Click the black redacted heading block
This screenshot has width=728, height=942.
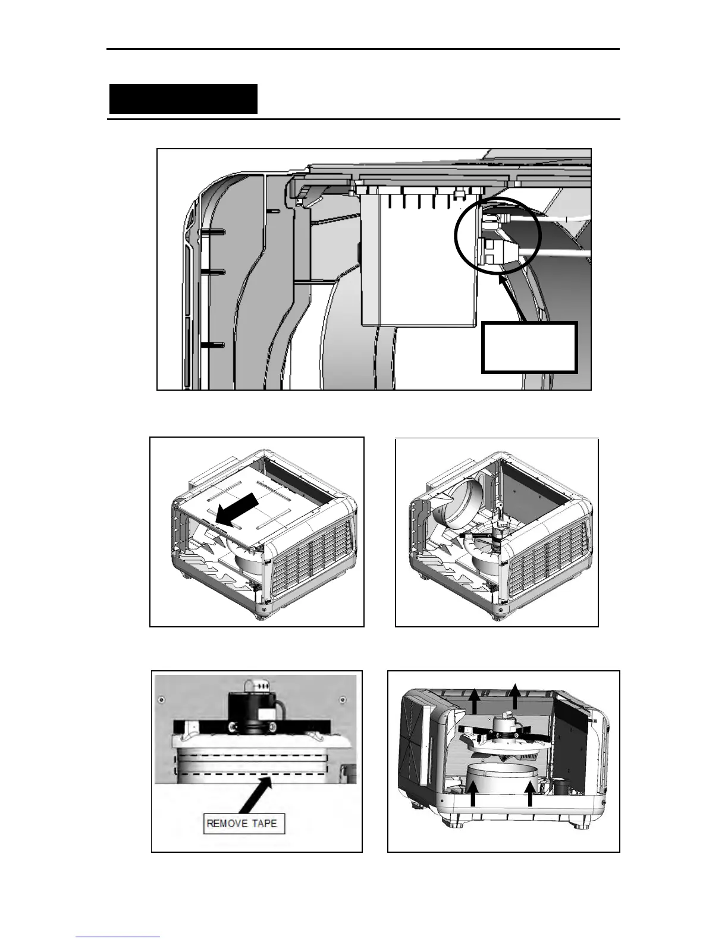click(183, 99)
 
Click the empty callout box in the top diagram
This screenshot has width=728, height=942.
click(529, 347)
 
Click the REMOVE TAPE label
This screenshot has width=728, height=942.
click(241, 824)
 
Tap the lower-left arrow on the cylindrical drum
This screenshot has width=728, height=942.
click(473, 795)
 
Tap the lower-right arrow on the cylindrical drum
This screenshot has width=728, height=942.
click(530, 795)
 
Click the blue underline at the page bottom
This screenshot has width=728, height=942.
click(118, 936)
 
